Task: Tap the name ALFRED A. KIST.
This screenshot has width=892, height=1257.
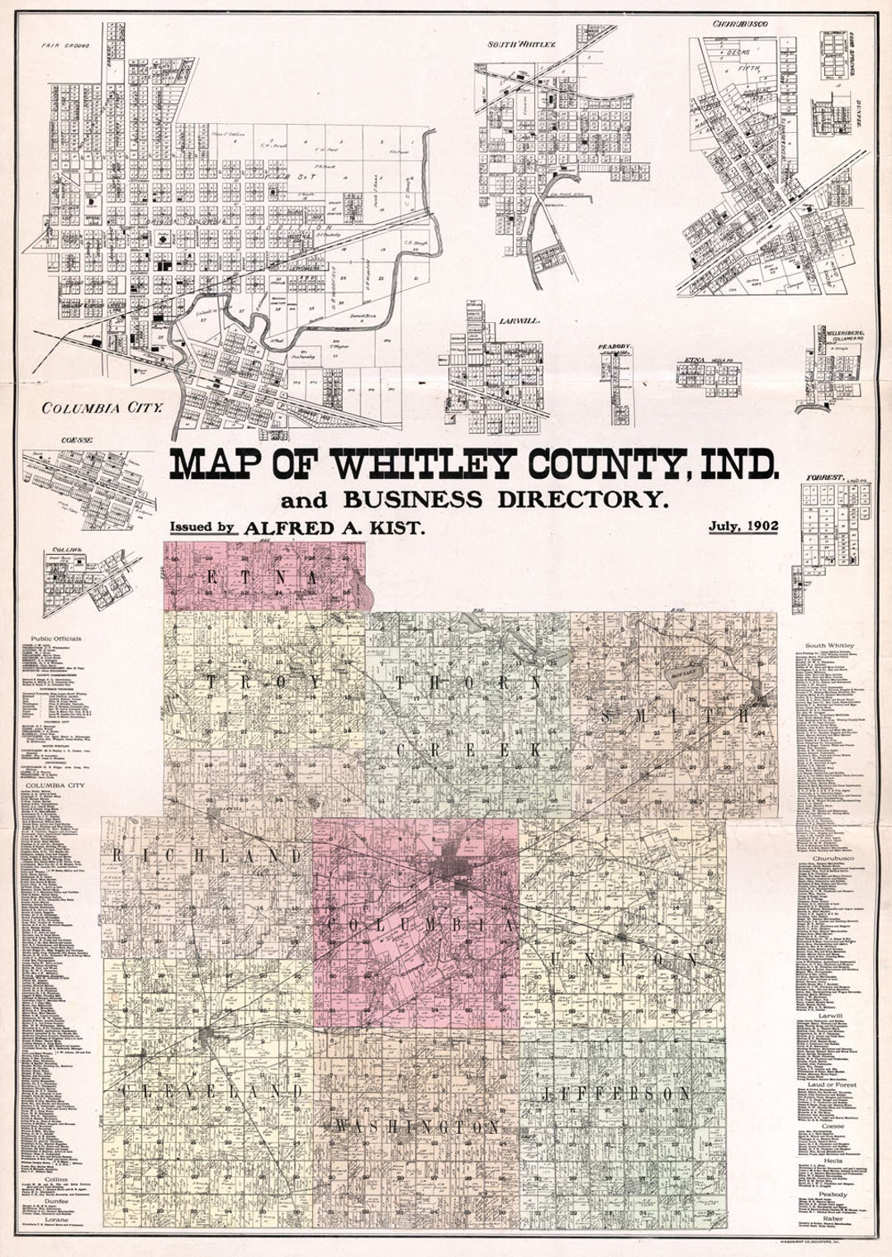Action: (335, 529)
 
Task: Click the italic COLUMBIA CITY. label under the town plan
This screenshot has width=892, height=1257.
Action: (101, 407)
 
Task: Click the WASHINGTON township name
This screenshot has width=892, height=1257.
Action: (415, 1127)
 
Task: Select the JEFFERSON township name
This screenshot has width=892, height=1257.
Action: (616, 1093)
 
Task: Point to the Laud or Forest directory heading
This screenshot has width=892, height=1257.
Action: (832, 1084)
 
